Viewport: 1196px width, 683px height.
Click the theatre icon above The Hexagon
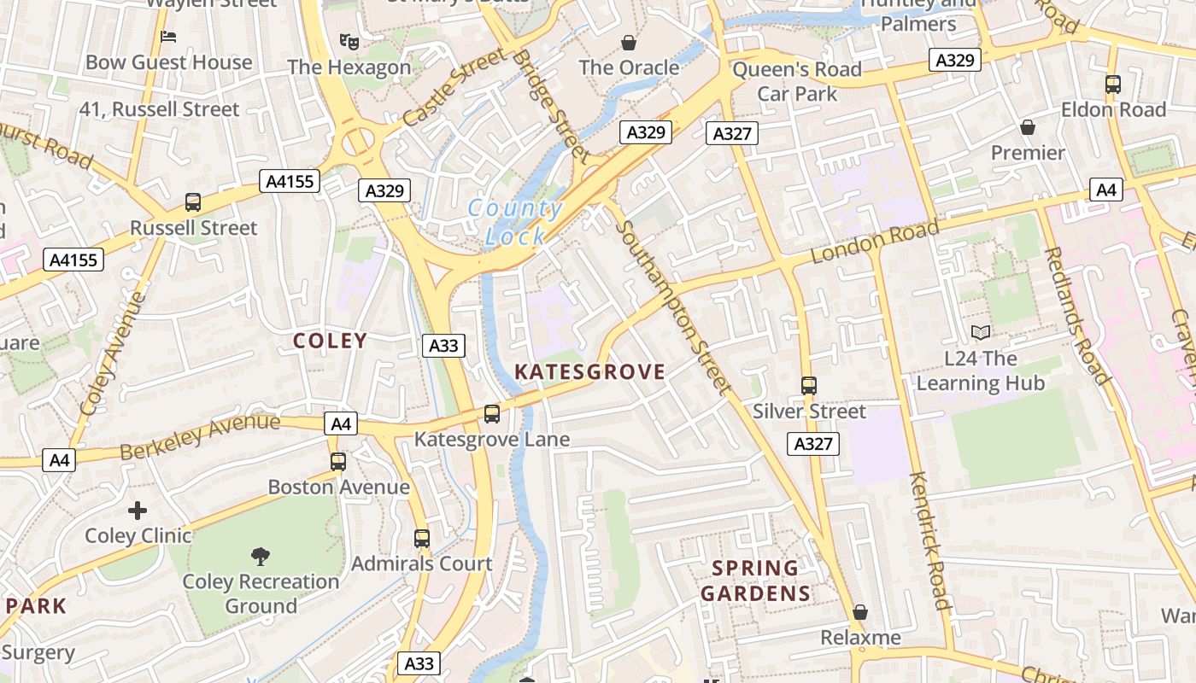[x=349, y=40]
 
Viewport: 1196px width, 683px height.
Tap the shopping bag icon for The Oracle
[x=629, y=42]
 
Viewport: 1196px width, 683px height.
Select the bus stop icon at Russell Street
[x=193, y=202]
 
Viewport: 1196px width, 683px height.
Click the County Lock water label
[x=515, y=222]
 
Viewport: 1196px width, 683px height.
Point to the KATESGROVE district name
[x=589, y=371]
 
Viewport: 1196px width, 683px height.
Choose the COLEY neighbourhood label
[x=330, y=341]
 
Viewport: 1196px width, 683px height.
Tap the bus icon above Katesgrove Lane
[x=491, y=414]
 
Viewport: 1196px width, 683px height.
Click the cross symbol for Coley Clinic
[x=138, y=511]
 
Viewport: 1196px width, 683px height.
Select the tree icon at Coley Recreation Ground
[x=261, y=557]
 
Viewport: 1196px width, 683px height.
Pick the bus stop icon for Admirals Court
[x=422, y=539]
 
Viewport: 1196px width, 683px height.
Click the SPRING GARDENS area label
[x=755, y=581]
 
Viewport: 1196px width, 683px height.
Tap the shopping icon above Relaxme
[x=860, y=612]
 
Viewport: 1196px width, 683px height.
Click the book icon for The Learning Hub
[x=981, y=332]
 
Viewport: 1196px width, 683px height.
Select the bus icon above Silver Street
[x=808, y=386]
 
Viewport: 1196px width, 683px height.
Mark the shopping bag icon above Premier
[x=1028, y=127]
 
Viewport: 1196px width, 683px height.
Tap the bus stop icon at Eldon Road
[x=1112, y=85]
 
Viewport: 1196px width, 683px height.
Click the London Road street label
[x=875, y=242]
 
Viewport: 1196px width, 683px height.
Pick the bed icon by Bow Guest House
[x=168, y=37]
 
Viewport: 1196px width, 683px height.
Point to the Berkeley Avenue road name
[x=200, y=435]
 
